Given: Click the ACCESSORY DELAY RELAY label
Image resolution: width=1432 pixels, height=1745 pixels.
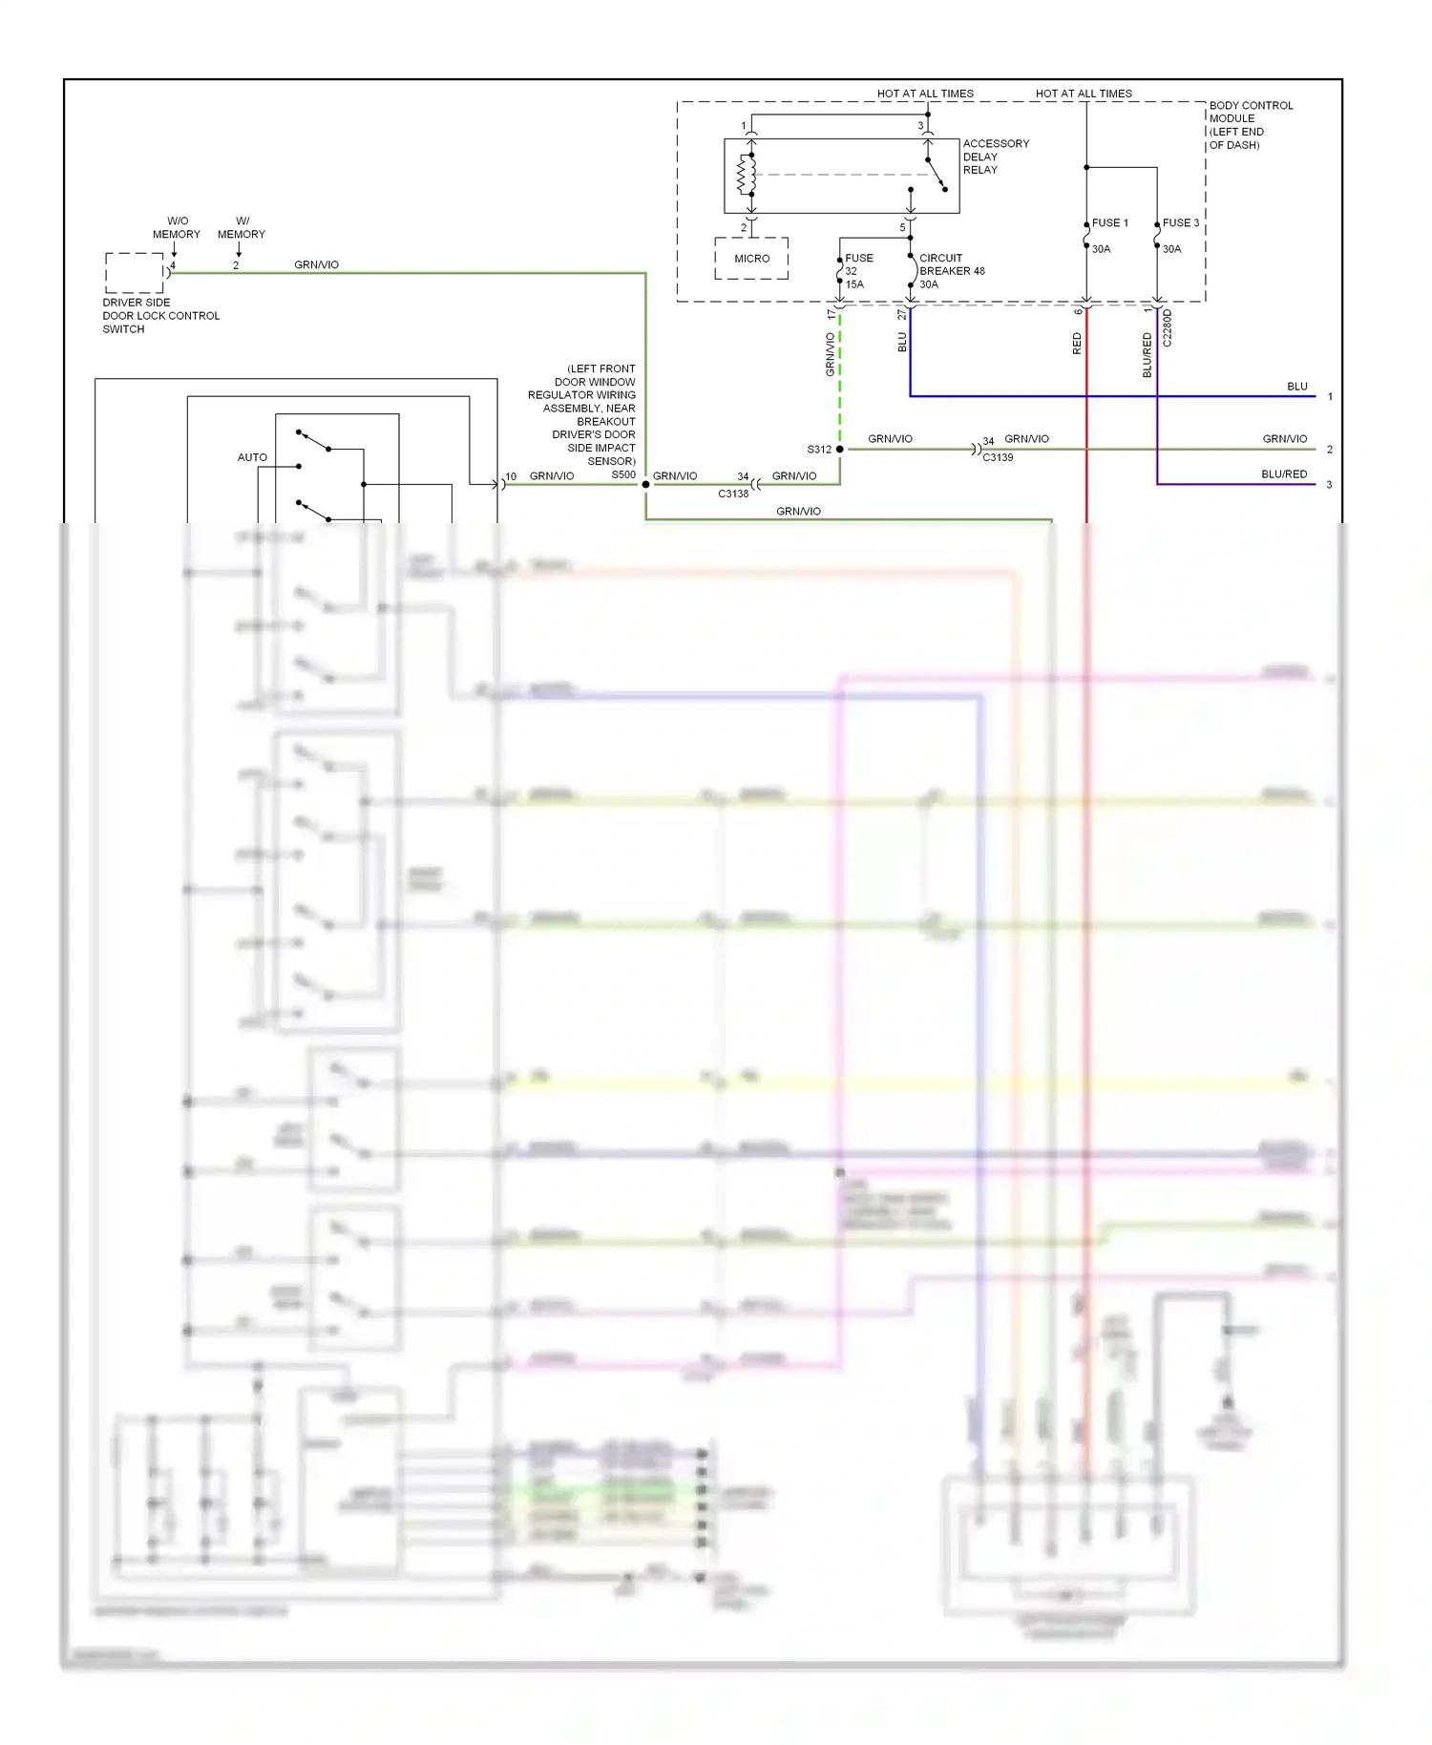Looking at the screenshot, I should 995,157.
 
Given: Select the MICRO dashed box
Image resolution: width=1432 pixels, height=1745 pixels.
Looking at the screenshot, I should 751,259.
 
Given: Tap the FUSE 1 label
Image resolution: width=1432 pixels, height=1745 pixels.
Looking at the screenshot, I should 1109,222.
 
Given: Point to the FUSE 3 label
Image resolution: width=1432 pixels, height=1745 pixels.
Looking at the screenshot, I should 1180,222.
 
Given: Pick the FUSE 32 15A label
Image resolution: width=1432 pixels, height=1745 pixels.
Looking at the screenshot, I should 856,271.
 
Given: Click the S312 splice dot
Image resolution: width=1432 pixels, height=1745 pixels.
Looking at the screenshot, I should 839,449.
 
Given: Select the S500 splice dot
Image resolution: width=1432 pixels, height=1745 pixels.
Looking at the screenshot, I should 645,484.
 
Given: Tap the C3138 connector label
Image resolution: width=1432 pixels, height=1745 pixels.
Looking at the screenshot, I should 733,494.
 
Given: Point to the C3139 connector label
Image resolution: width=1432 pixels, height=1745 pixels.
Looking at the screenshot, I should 998,457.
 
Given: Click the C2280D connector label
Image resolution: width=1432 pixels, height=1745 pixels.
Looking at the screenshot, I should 1168,327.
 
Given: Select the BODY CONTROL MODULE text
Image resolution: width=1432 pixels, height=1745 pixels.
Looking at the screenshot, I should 1250,112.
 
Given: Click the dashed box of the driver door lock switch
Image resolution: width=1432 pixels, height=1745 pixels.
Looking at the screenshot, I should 135,273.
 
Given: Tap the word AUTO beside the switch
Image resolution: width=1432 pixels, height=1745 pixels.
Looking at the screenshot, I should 252,457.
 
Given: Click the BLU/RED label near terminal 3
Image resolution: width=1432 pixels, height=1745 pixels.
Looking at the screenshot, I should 1283,473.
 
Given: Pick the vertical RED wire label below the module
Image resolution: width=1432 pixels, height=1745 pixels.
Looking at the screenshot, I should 1077,344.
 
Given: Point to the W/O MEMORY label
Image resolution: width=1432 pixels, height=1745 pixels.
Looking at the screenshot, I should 177,227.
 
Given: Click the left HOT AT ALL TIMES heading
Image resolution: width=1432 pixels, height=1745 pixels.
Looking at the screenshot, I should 924,94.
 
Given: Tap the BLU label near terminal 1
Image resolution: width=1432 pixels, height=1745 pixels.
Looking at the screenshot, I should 1296,386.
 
